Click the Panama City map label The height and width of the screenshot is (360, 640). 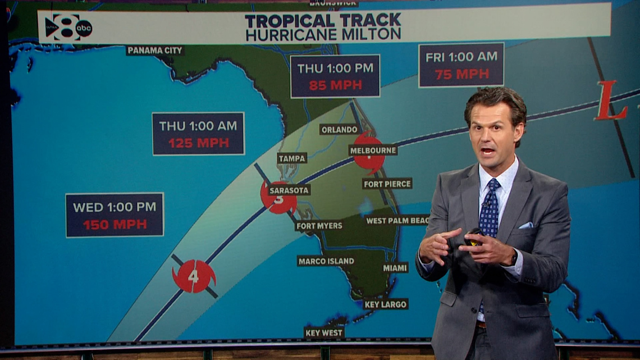point(155,51)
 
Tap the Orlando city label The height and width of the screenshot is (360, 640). point(339,129)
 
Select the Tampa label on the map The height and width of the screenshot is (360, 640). point(292,158)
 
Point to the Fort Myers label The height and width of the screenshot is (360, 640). point(319,226)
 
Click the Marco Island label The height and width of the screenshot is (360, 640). point(326,261)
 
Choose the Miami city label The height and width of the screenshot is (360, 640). point(395,268)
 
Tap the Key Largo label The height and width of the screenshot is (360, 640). point(385,304)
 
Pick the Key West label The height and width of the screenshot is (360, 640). point(324,332)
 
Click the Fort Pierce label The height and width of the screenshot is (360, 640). point(387,183)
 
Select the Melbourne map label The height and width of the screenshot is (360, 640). point(373,150)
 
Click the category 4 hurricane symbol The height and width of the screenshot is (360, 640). point(194,276)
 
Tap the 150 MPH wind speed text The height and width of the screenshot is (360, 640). point(115,225)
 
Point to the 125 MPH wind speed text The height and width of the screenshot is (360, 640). point(199,143)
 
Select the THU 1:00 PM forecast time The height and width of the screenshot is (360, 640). point(335,69)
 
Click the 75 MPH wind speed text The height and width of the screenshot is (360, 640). point(461,74)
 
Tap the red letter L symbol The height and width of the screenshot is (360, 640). point(611,101)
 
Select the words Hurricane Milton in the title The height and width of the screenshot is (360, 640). point(323,34)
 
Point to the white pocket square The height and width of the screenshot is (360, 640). point(526,225)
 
